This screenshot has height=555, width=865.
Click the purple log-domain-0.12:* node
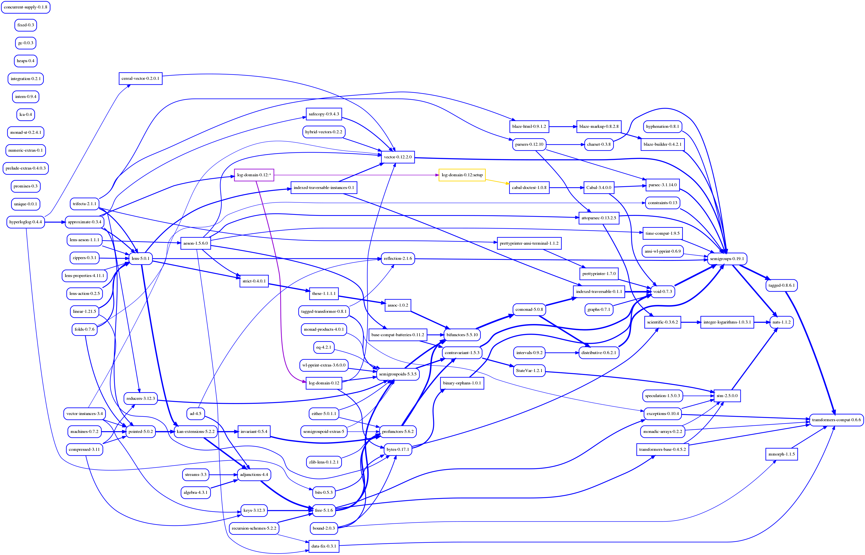[x=254, y=175]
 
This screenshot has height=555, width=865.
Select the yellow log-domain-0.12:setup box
[x=462, y=175]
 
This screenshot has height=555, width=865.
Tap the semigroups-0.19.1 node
[x=727, y=259]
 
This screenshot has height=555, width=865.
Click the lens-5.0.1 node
[x=140, y=258]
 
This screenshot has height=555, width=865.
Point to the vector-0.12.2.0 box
[x=397, y=157]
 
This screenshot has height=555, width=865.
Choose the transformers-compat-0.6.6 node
[x=836, y=420]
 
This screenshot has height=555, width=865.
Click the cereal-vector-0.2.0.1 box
[x=140, y=79]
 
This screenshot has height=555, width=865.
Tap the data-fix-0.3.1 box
[x=324, y=546]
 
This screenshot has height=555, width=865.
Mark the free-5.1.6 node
[x=324, y=510]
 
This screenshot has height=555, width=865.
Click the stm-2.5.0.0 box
[x=727, y=396]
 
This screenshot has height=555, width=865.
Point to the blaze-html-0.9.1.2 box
[x=529, y=127]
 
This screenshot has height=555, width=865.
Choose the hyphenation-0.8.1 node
[x=662, y=127]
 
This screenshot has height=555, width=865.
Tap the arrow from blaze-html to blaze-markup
[x=562, y=127]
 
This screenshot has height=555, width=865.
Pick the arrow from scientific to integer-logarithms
[x=691, y=322]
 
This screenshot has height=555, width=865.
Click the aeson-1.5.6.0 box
[x=195, y=243]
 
